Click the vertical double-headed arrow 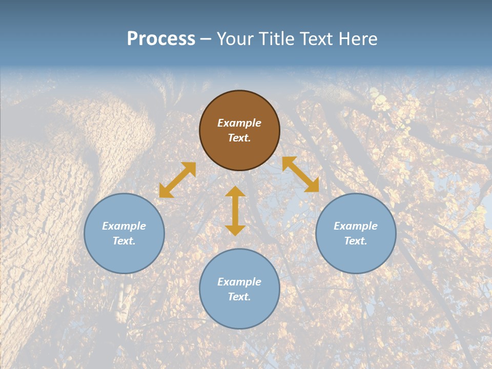(235, 211)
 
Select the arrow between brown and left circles (177, 180)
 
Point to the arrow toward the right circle (300, 174)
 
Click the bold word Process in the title (161, 39)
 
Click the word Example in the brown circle (239, 123)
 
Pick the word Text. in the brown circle (239, 138)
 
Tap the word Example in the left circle (124, 226)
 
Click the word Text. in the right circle (356, 241)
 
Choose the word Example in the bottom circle (239, 282)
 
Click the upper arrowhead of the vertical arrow (235, 192)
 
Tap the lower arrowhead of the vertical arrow (235, 230)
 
